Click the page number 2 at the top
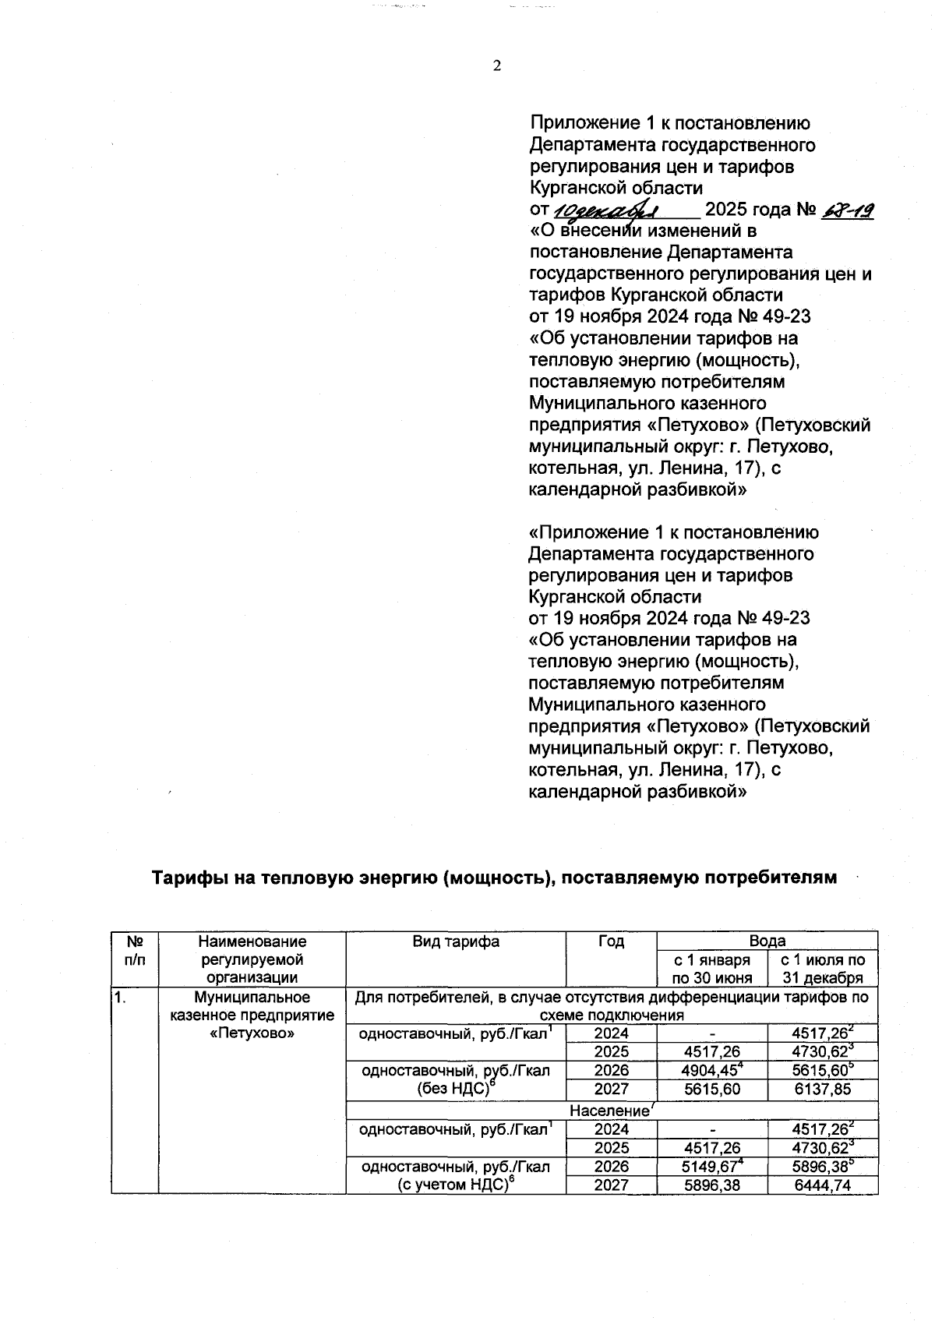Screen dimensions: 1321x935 496,65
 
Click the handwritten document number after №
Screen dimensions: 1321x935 847,210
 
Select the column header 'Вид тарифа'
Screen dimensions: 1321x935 456,941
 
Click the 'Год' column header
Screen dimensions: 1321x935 611,941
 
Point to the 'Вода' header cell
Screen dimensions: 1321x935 767,941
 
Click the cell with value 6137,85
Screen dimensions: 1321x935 822,1089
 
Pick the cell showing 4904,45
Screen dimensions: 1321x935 711,1070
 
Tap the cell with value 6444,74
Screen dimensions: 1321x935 822,1185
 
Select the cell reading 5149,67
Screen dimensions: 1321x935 711,1167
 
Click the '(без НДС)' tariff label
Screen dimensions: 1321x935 457,1089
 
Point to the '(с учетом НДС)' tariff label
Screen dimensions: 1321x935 457,1185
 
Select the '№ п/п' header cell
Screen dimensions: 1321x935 135,951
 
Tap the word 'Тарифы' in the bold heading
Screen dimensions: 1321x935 185,878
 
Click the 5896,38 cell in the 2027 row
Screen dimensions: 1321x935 711,1185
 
